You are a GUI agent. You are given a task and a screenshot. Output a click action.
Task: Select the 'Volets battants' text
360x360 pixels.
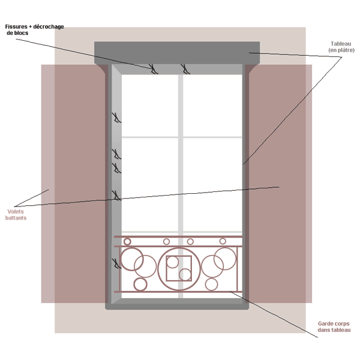coord(16,215)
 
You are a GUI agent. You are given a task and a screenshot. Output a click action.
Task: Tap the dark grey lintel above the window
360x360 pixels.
coord(177,52)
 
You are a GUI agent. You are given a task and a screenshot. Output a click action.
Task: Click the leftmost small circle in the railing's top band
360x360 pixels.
coord(127,242)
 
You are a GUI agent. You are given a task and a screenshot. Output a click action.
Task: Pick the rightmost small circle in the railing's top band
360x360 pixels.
coord(223,241)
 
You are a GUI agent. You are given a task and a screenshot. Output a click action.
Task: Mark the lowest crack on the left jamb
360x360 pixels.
coord(115,263)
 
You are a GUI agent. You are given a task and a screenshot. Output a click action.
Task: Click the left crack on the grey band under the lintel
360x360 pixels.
coord(154,69)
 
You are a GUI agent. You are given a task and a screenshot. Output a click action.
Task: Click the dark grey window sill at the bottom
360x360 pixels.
coord(177,305)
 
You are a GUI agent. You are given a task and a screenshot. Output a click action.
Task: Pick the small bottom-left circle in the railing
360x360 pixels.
coord(140,284)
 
